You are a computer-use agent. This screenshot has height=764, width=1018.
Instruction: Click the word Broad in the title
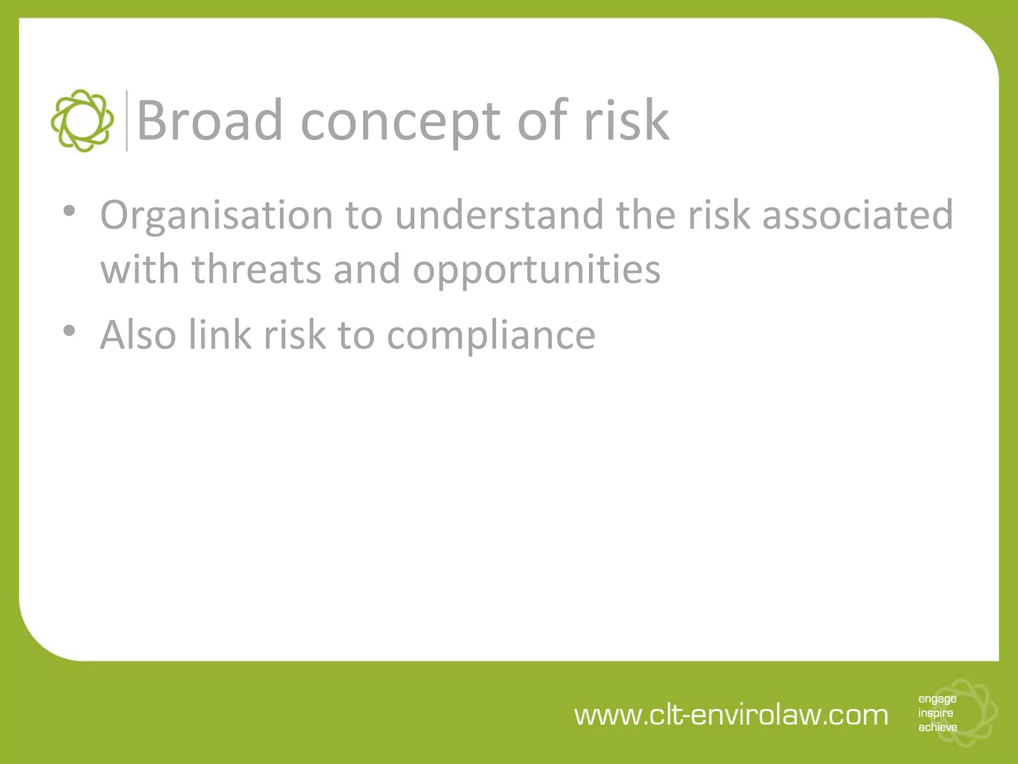[209, 120]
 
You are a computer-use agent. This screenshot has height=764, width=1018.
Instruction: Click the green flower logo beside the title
[82, 121]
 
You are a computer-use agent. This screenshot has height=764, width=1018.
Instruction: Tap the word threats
[256, 269]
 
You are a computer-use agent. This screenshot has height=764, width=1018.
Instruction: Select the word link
[220, 334]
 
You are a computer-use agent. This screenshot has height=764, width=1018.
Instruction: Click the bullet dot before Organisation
[69, 210]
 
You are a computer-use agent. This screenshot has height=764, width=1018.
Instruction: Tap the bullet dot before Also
[69, 330]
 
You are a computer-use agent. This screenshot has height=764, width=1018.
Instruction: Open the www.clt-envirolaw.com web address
[731, 715]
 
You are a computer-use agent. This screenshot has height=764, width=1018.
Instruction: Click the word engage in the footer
[937, 699]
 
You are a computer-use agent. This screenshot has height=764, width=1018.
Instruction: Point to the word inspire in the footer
[935, 713]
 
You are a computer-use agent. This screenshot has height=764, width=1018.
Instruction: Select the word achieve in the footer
[937, 727]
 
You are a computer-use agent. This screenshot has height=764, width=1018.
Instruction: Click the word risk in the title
[626, 120]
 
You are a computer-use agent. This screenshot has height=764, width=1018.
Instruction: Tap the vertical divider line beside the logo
[127, 121]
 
